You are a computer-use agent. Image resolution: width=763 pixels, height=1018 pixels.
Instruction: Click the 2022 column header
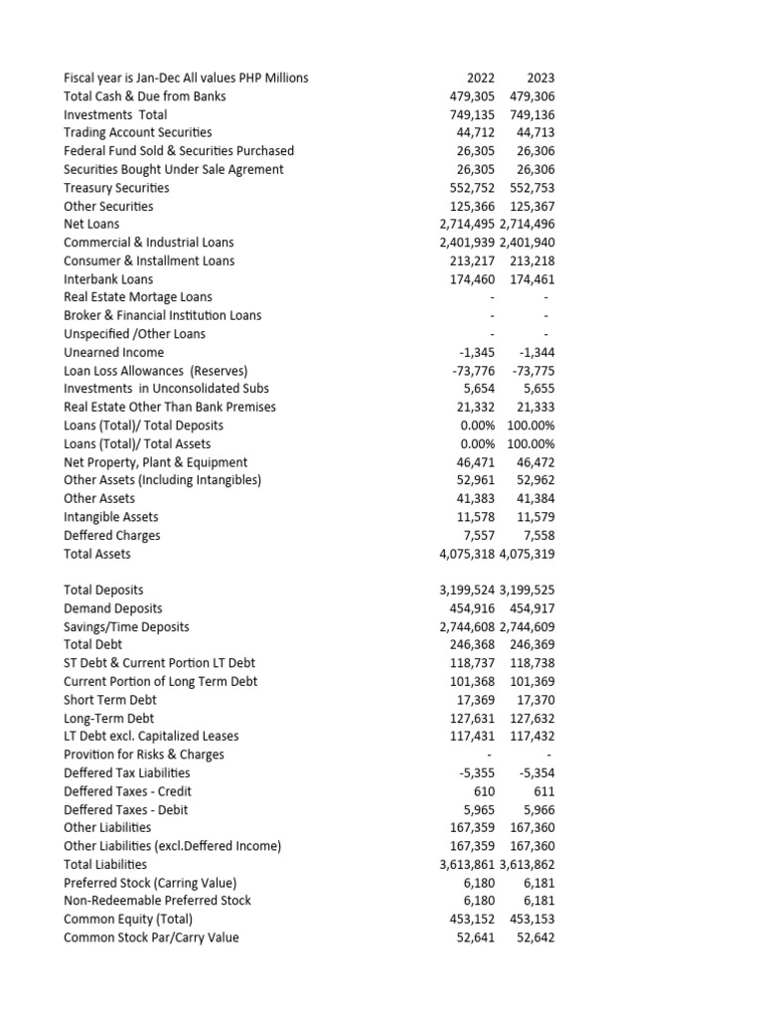(481, 78)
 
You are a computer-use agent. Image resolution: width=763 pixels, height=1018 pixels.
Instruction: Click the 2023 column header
(540, 78)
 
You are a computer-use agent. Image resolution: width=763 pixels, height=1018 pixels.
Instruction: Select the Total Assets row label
(97, 554)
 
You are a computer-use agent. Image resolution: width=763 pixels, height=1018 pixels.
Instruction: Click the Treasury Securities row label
(116, 188)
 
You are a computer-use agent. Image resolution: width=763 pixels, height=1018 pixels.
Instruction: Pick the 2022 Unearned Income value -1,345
(477, 352)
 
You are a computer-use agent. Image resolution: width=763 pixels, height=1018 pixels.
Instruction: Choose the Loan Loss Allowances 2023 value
(534, 371)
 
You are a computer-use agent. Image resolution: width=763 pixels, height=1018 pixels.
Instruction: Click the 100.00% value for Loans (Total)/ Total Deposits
(531, 425)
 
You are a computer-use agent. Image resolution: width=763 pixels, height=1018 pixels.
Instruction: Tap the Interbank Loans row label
(108, 279)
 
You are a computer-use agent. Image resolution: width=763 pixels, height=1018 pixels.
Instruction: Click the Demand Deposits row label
(113, 608)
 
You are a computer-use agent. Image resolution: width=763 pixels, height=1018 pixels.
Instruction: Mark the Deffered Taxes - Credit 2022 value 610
(486, 791)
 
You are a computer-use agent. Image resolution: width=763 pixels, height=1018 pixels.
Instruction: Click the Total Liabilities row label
(105, 864)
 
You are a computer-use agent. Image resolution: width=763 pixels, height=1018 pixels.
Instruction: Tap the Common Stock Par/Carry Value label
(151, 937)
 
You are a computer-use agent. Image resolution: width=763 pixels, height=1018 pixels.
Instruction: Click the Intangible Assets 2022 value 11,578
(477, 517)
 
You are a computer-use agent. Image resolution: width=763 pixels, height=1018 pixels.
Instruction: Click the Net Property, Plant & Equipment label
(156, 462)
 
